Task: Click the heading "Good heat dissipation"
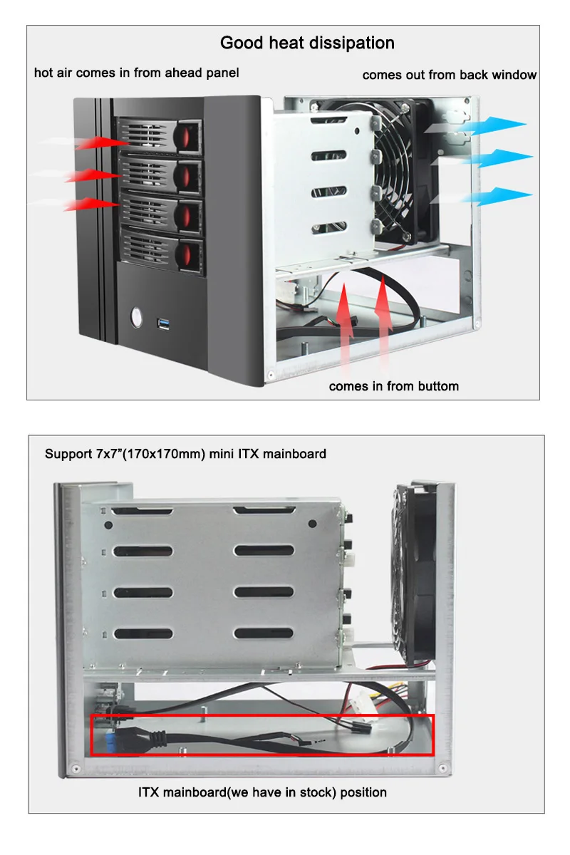pyautogui.click(x=307, y=43)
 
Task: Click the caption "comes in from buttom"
pyautogui.click(x=393, y=386)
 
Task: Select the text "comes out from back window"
pyautogui.click(x=449, y=75)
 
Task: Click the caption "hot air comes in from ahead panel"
pyautogui.click(x=136, y=73)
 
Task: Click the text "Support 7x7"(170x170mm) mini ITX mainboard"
pyautogui.click(x=185, y=453)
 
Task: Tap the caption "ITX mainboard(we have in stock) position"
pyautogui.click(x=262, y=792)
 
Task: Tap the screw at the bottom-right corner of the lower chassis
pyautogui.click(x=442, y=767)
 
